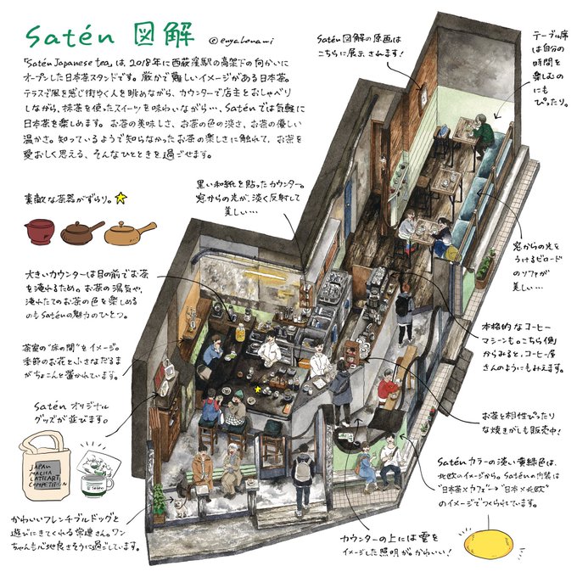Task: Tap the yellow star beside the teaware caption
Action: pyautogui.click(x=120, y=199)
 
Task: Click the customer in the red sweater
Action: pyautogui.click(x=387, y=388)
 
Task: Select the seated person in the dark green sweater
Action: pyautogui.click(x=480, y=134)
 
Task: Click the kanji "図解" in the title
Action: pyautogui.click(x=155, y=35)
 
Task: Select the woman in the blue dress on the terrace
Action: pyautogui.click(x=363, y=462)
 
